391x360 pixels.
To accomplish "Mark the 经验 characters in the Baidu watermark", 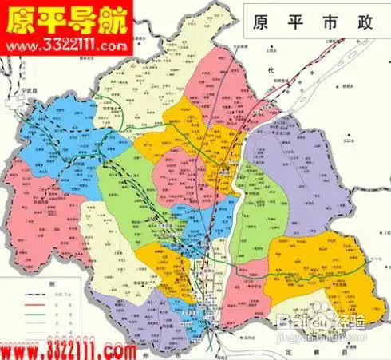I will coord(354,322).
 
